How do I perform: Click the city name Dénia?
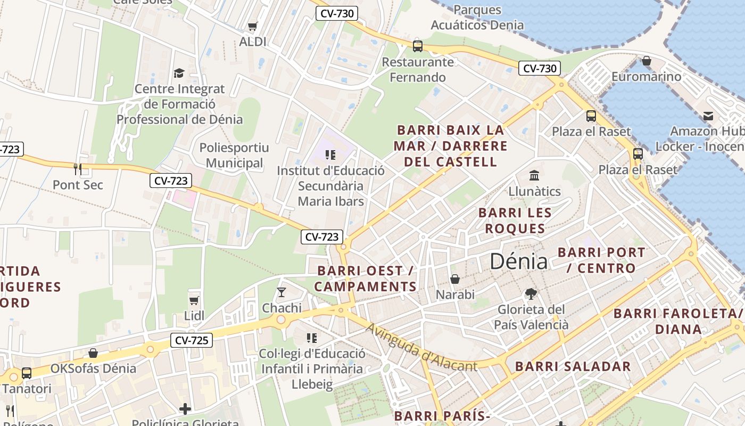518,261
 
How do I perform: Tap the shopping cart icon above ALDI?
253,26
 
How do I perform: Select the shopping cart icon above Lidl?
194,300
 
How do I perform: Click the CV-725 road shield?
192,340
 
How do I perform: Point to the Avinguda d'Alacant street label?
421,348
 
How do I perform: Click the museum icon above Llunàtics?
534,175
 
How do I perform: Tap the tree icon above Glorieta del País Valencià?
530,293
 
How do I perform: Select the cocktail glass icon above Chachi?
282,292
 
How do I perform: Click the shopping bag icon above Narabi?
455,279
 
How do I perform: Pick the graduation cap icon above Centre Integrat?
179,73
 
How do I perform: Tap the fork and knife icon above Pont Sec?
78,169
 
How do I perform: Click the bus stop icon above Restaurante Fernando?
418,46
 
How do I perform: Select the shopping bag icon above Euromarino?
646,61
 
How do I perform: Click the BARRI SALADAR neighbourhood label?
573,366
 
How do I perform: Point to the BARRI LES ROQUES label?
514,220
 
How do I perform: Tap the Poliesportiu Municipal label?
234,155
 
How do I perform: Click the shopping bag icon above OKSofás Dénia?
93,353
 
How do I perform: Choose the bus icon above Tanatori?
27,373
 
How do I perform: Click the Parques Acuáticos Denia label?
477,17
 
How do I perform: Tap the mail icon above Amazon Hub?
708,116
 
